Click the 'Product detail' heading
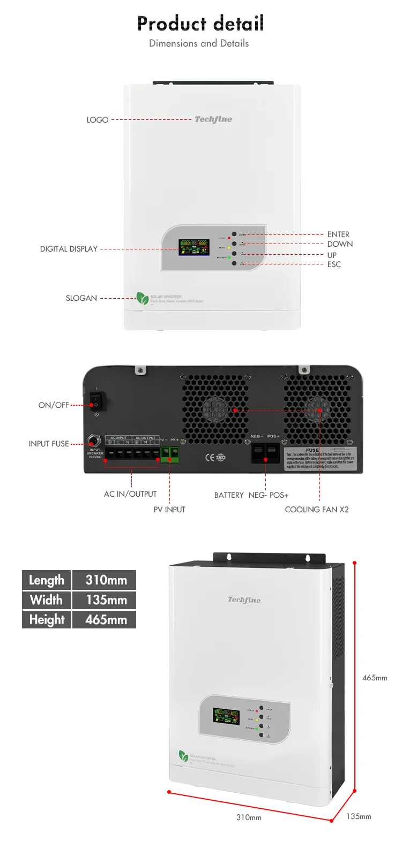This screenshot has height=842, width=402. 200,24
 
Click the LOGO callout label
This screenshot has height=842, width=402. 98,120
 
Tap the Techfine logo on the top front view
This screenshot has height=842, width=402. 213,119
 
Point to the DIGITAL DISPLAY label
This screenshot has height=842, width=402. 69,249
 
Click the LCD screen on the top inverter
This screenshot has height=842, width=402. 193,247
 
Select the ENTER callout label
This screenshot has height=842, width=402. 338,234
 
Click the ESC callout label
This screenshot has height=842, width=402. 334,264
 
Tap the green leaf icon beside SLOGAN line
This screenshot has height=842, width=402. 142,298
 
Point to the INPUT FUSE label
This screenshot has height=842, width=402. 49,444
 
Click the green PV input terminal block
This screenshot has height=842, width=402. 170,454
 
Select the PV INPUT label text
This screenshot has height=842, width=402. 169,510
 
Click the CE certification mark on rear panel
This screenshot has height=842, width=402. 210,457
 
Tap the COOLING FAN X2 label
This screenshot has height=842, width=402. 316,510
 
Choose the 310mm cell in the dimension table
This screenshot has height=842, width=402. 106,580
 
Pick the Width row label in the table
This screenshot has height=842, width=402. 46,600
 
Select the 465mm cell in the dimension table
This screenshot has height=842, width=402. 106,620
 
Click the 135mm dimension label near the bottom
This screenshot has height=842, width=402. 359,816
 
